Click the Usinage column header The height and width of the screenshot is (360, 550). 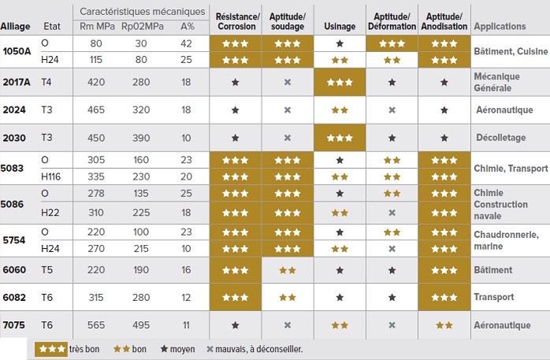[340, 26]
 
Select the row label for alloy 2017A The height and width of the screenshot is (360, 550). [17, 82]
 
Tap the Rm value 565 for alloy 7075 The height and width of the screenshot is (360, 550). [96, 325]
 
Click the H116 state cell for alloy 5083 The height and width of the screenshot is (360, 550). [51, 176]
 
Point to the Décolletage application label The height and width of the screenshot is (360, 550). [501, 137]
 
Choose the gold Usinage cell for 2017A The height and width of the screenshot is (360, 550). [340, 82]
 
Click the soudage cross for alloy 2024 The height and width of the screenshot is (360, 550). [288, 110]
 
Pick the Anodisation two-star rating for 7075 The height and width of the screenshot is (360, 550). [444, 325]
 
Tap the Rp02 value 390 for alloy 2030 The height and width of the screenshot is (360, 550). [141, 138]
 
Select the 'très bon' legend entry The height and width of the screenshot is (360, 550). [67, 349]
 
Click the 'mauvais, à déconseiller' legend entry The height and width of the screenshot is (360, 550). [255, 349]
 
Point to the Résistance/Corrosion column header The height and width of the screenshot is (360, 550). [237, 21]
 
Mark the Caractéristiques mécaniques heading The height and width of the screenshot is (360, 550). [143, 12]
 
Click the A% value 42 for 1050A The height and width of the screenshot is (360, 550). [186, 43]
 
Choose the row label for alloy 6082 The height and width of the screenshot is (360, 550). [14, 297]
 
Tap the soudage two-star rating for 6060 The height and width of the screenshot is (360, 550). [288, 270]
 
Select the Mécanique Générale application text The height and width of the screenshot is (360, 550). [496, 82]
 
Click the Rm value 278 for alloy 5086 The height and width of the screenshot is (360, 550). [96, 194]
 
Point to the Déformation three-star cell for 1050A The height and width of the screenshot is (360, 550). [392, 43]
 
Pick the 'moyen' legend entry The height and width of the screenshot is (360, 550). [177, 349]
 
